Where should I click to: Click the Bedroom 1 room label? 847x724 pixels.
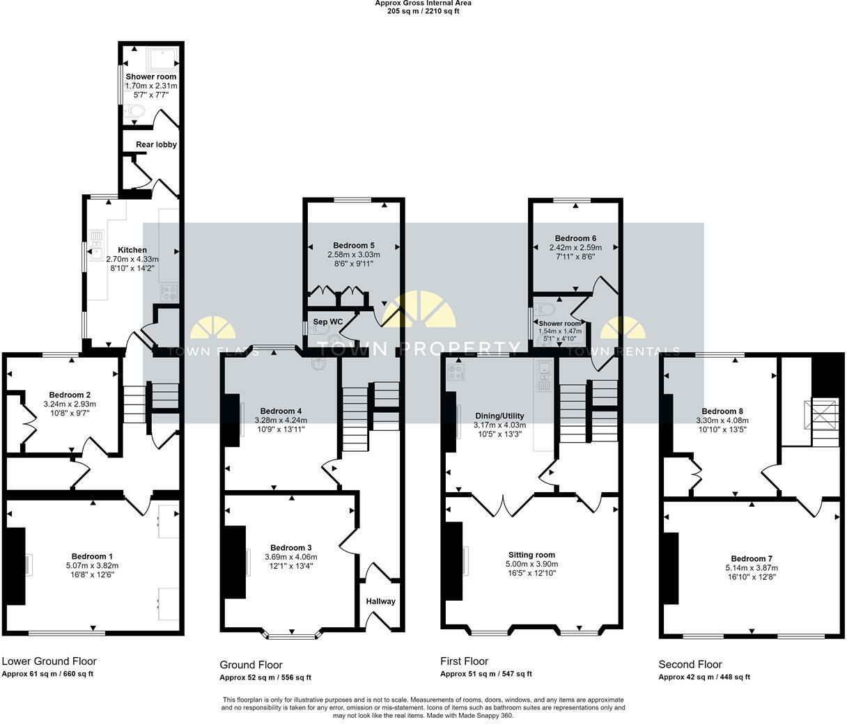pyautogui.click(x=92, y=556)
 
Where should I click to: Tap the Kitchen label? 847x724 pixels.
pyautogui.click(x=132, y=250)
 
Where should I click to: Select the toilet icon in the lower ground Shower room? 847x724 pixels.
pyautogui.click(x=136, y=111)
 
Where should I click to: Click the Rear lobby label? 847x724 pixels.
pyautogui.click(x=156, y=145)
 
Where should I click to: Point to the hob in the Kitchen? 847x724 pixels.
pyautogui.click(x=169, y=293)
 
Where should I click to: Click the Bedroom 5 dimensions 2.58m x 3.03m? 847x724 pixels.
pyautogui.click(x=354, y=255)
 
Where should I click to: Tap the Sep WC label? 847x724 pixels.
pyautogui.click(x=327, y=322)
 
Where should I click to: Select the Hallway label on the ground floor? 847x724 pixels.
pyautogui.click(x=380, y=601)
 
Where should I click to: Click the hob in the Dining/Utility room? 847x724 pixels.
pyautogui.click(x=457, y=372)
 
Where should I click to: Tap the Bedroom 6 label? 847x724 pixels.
pyautogui.click(x=575, y=238)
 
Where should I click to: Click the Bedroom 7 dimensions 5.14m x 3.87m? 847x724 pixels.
pyautogui.click(x=752, y=567)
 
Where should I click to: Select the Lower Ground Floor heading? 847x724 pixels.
pyautogui.click(x=49, y=661)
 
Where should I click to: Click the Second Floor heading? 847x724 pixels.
pyautogui.click(x=690, y=664)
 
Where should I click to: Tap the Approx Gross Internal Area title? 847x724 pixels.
pyautogui.click(x=423, y=3)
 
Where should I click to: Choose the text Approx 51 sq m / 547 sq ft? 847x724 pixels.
pyautogui.click(x=486, y=674)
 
